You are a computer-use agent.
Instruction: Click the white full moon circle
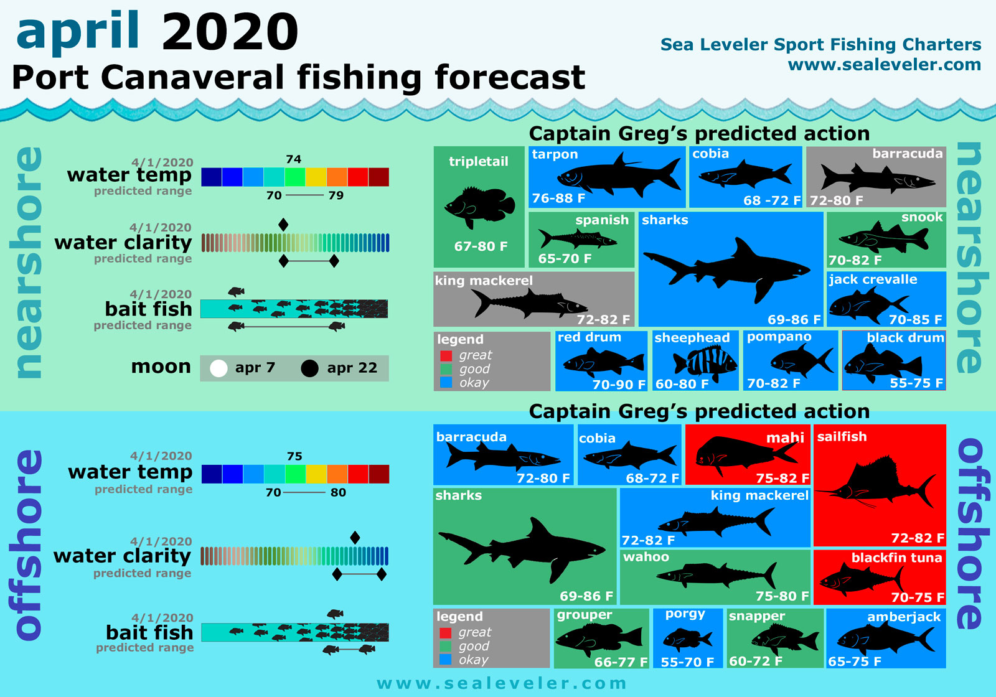coord(218,368)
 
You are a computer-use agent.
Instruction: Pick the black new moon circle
coord(309,368)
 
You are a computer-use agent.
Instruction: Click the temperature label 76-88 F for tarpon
coord(558,199)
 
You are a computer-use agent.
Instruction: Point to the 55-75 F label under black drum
coord(916,383)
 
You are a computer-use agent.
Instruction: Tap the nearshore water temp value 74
coord(293,159)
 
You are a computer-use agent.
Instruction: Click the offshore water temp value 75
coord(294,456)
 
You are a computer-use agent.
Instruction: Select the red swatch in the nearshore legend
coord(446,356)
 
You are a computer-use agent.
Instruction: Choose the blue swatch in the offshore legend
coord(446,660)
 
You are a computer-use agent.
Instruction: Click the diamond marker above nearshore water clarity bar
coord(283,225)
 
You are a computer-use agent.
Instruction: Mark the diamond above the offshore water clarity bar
coord(355,538)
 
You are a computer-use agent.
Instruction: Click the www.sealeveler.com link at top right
coord(884,65)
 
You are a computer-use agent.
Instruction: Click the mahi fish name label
coord(785,438)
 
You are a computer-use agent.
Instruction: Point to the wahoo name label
coord(646,557)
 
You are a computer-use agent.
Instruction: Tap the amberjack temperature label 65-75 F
coord(854,662)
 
